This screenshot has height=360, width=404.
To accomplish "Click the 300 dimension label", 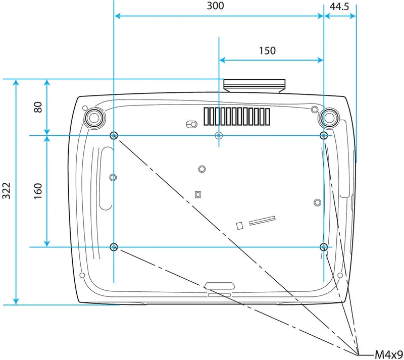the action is coord(216,6).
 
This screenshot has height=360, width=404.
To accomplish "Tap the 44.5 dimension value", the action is coord(339,7).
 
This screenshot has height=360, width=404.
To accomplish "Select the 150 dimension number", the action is coord(267,50).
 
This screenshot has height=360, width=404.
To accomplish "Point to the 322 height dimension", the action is coord(7,191).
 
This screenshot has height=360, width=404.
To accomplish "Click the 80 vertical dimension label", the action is coord(38,107).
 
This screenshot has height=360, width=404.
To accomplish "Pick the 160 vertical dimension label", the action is coord(38,191).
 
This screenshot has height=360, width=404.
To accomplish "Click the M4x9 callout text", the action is coord(389,354).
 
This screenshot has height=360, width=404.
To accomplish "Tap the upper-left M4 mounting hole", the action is coord(114,135).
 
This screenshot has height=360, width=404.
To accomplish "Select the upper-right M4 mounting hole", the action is coord(324,135).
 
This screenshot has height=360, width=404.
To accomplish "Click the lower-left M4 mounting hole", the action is coord(114,247).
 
